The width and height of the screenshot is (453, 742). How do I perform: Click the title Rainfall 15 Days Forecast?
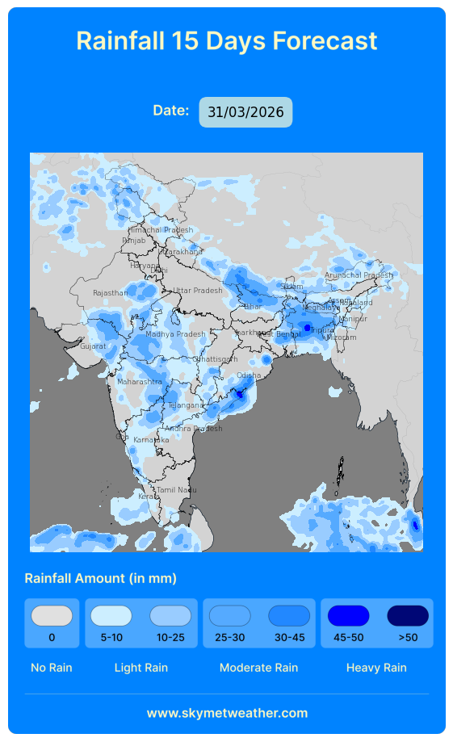pos(226,40)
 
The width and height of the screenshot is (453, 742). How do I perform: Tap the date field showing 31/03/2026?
pos(245,112)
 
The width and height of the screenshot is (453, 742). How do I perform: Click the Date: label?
pos(171,111)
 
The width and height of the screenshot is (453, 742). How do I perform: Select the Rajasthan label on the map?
pos(110,293)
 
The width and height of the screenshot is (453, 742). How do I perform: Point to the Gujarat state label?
pos(92,346)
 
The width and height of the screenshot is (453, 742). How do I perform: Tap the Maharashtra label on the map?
pos(139,381)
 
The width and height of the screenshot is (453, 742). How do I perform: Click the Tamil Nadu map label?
pos(176,490)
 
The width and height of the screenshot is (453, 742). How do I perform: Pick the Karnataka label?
pos(151,440)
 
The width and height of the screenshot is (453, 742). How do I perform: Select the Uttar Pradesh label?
pos(197,291)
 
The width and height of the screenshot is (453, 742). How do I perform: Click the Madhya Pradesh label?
pos(175,334)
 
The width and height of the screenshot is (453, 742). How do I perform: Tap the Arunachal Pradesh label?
pos(359,275)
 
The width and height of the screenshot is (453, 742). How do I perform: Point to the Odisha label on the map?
pos(249,375)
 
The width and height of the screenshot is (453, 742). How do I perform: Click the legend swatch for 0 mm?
pos(52,616)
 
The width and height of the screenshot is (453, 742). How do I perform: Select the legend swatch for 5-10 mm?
pos(111,616)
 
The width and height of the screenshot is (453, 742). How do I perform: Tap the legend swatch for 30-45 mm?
pos(289,616)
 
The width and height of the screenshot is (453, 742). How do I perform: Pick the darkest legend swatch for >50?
pos(408,616)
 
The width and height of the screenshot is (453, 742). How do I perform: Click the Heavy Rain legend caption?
pos(376,668)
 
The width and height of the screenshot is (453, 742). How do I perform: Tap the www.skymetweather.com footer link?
pos(227,713)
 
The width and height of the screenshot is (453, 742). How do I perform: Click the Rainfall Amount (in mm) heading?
pos(100,578)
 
